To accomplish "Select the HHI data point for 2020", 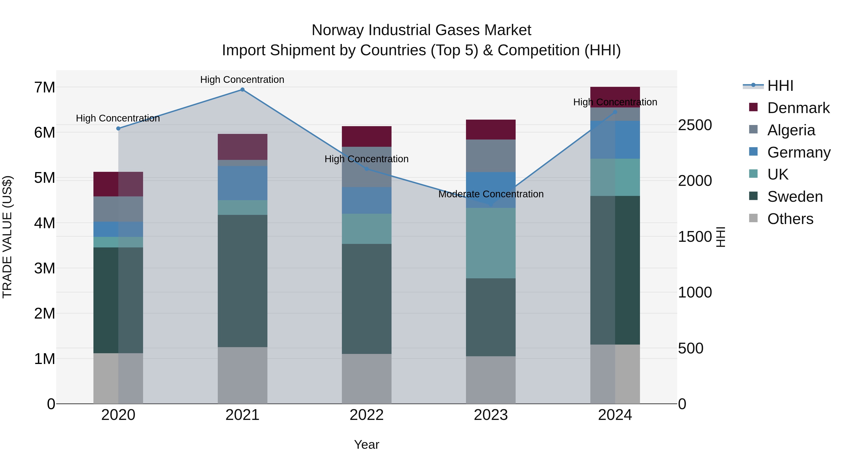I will [118, 129].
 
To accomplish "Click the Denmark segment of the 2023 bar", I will [491, 129].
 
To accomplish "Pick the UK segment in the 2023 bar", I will [491, 243].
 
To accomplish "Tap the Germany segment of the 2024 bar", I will [615, 140].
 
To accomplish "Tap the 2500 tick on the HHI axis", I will [695, 125].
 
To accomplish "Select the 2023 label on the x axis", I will [491, 415].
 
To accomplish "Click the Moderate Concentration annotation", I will [491, 194].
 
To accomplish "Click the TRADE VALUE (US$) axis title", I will [7, 237].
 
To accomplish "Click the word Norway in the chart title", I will [337, 30].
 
